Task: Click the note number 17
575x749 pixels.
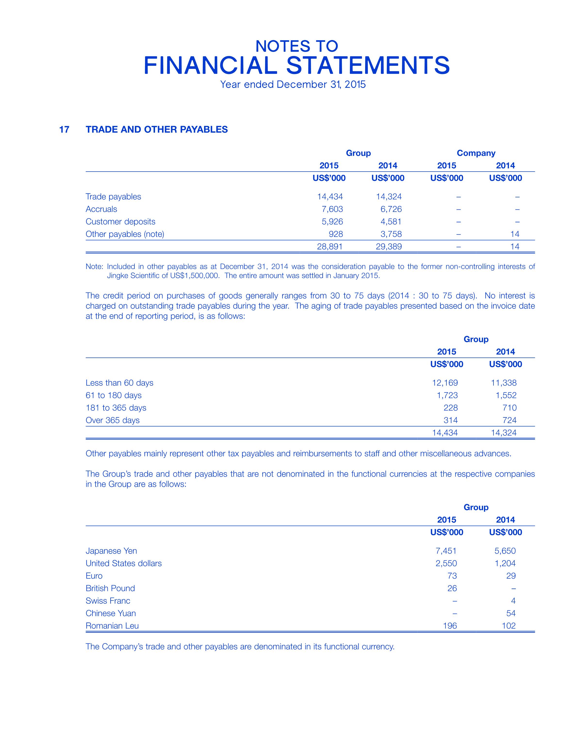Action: point(64,129)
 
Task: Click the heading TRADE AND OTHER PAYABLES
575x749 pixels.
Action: point(156,129)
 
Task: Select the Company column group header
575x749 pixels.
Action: point(476,153)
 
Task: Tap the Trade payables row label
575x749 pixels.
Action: point(113,197)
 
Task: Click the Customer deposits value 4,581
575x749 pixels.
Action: point(391,222)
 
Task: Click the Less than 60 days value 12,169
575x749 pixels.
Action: point(445,383)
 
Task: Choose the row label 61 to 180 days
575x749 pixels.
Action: point(113,395)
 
